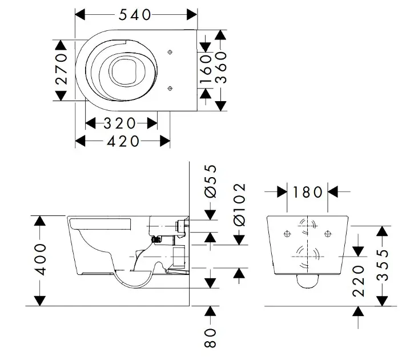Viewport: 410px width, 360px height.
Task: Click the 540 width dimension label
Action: [x=135, y=15]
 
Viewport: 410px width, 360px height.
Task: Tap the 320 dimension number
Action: [x=120, y=123]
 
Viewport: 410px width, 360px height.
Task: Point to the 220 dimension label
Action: [x=358, y=281]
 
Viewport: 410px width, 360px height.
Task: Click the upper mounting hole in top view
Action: [x=171, y=52]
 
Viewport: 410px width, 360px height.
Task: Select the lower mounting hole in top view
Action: [x=171, y=88]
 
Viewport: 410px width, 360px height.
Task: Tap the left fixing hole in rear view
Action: [x=287, y=233]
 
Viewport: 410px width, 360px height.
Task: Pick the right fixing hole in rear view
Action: [x=328, y=233]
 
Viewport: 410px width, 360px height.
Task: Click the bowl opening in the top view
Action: [x=123, y=71]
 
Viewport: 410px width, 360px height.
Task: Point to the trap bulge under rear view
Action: [x=308, y=280]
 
